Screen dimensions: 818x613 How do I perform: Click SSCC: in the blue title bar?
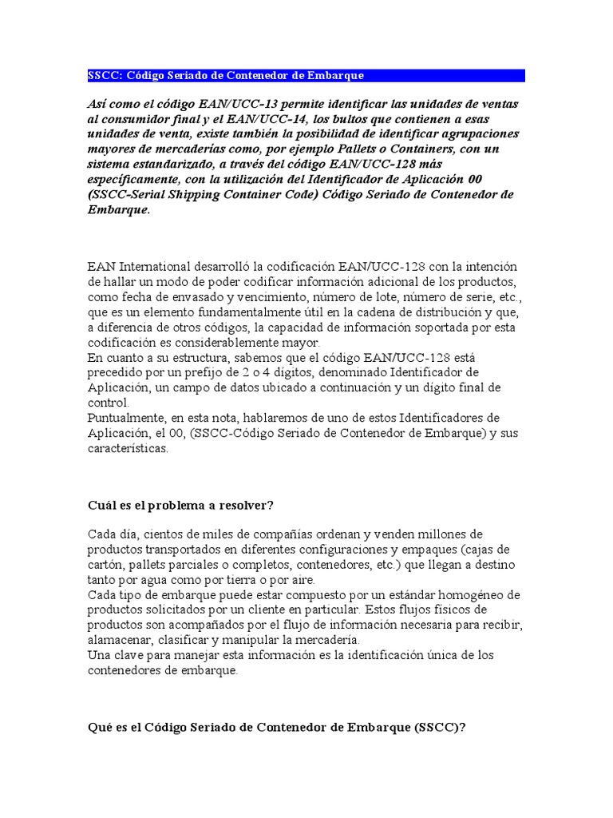coord(104,75)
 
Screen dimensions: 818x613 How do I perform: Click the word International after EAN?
coord(152,266)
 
